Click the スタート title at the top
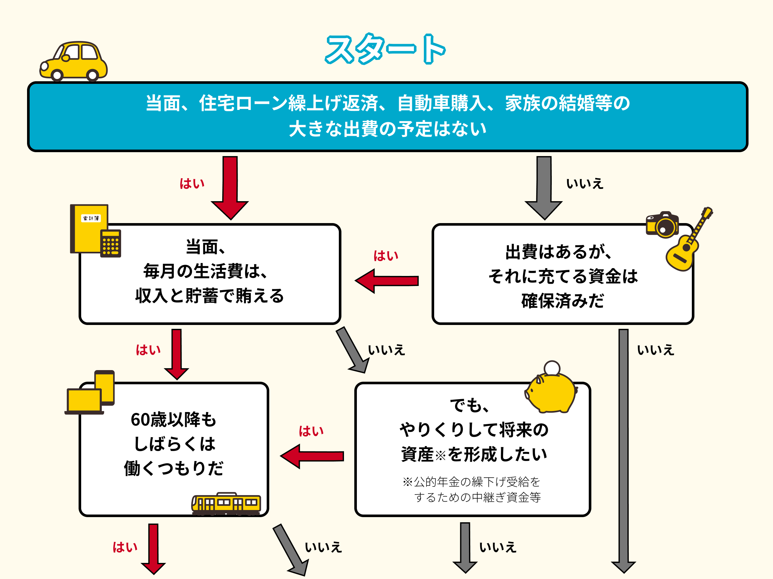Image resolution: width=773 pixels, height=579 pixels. (385, 49)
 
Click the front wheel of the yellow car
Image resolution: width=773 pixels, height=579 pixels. (57, 74)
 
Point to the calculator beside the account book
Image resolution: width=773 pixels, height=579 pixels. (111, 243)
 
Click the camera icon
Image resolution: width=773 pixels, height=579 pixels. (662, 225)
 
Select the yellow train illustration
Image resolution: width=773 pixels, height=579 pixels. (226, 504)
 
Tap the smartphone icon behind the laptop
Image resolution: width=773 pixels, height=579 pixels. (105, 387)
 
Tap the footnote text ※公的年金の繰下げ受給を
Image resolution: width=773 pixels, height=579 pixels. (472, 482)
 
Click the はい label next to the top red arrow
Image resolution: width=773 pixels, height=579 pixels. (192, 184)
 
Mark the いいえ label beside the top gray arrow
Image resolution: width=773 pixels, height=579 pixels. (585, 184)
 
